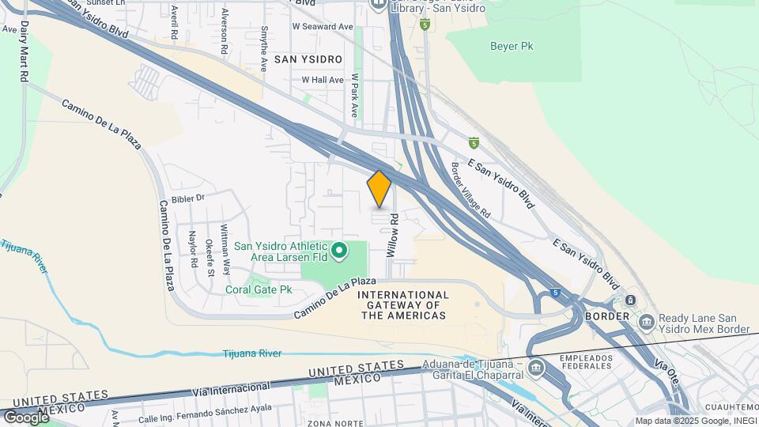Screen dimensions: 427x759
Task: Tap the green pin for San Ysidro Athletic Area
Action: click(x=339, y=251)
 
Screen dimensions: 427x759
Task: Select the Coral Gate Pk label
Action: click(x=259, y=290)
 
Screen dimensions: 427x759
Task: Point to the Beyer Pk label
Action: click(x=512, y=46)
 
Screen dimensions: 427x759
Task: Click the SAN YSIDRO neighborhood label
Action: click(x=308, y=59)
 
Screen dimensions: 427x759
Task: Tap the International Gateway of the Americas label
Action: click(x=403, y=305)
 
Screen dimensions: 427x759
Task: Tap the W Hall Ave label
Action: click(x=323, y=80)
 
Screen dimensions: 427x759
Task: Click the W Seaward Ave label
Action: click(x=322, y=26)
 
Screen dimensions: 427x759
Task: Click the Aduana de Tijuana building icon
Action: click(x=536, y=367)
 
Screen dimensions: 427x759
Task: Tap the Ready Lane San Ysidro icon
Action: click(x=647, y=322)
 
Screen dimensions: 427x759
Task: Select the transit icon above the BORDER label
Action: click(x=630, y=300)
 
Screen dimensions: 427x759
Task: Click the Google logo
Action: click(x=26, y=417)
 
